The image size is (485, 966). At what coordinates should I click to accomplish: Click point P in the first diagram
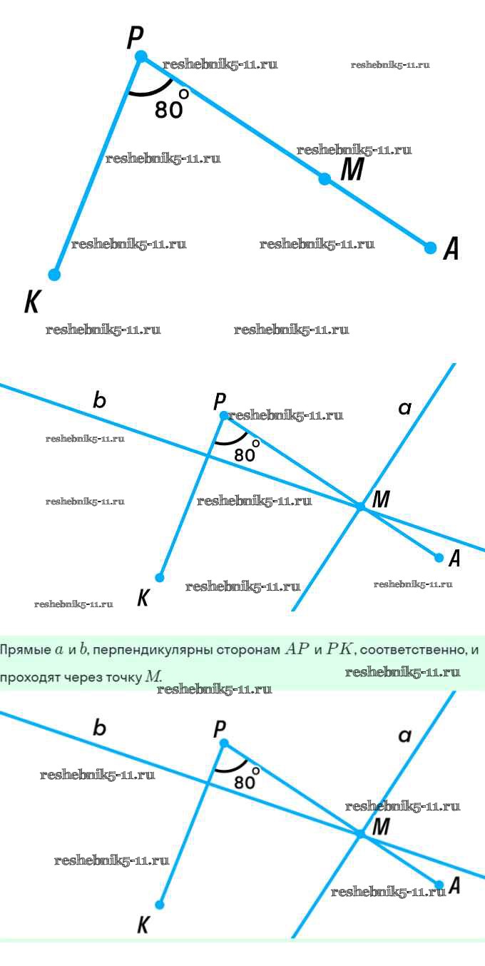[141, 56]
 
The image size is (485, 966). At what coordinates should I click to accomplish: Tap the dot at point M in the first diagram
[325, 179]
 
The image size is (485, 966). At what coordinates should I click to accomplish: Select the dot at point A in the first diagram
[430, 248]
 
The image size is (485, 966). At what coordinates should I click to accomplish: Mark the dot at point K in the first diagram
[54, 274]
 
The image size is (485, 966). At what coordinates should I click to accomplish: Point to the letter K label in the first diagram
[31, 302]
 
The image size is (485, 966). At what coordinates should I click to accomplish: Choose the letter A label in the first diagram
[451, 249]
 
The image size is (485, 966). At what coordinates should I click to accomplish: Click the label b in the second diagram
[100, 401]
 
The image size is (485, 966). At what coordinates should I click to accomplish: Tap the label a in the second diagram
[405, 408]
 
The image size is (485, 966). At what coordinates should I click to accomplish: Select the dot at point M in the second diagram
[361, 506]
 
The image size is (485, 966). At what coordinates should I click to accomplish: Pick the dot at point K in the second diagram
[160, 577]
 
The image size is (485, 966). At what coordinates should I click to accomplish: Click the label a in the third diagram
[405, 736]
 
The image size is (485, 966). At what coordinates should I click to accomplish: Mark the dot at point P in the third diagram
[224, 743]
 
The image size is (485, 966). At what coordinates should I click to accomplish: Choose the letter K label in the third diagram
[143, 926]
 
